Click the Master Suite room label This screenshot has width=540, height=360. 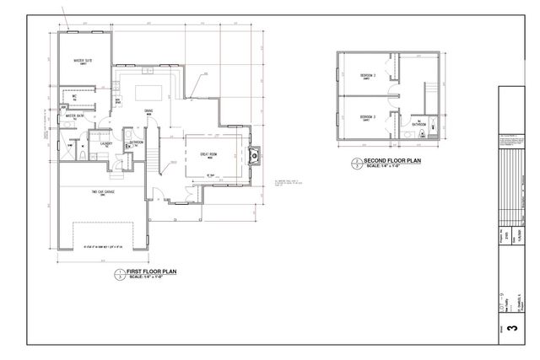[82, 62]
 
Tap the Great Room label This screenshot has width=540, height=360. [209, 154]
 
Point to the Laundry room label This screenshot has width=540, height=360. [106, 143]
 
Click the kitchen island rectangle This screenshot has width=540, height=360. [144, 87]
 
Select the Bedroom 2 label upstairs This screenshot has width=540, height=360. [367, 76]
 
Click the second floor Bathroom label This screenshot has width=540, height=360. [418, 124]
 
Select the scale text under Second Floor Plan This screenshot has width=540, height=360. [388, 166]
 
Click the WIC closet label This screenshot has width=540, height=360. [75, 96]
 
